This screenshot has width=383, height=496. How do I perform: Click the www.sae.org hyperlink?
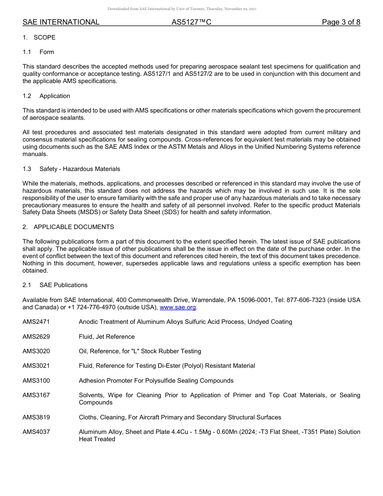(x=178, y=307)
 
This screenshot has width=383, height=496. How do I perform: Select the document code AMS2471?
(x=36, y=322)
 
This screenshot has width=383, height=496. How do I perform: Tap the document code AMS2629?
(x=36, y=337)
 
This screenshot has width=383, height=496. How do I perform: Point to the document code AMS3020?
(x=36, y=351)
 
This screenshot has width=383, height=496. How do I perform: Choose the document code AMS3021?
(x=36, y=366)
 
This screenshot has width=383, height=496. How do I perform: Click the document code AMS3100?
(x=36, y=381)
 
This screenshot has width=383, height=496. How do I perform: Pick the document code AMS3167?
(x=36, y=395)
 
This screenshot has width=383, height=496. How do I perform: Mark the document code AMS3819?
(x=36, y=417)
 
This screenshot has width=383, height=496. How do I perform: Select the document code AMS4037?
(x=36, y=432)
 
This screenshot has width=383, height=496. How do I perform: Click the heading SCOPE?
(x=44, y=38)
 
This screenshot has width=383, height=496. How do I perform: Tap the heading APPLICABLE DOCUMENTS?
(x=74, y=227)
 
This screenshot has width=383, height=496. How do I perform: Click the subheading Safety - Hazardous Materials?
(x=80, y=169)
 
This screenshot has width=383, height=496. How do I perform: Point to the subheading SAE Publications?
(x=63, y=285)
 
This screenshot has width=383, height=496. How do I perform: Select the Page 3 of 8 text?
(x=341, y=22)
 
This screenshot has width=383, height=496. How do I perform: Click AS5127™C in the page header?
(x=191, y=22)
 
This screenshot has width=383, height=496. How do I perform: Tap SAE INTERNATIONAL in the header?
(x=61, y=22)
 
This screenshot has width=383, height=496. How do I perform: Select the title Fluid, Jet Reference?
(x=107, y=337)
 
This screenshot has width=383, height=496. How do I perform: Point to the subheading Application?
(x=55, y=96)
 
